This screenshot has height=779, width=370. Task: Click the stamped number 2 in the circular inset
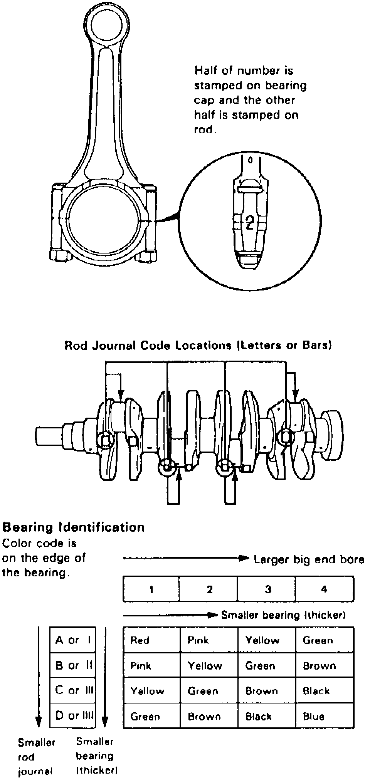point(250,222)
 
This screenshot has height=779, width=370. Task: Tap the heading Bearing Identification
point(73,527)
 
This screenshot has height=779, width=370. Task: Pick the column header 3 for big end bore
point(268,589)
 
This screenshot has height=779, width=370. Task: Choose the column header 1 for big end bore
point(151,589)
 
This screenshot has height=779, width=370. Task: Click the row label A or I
point(73,640)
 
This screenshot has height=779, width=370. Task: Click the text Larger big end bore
point(309,559)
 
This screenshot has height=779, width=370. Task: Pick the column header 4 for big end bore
point(324,589)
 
